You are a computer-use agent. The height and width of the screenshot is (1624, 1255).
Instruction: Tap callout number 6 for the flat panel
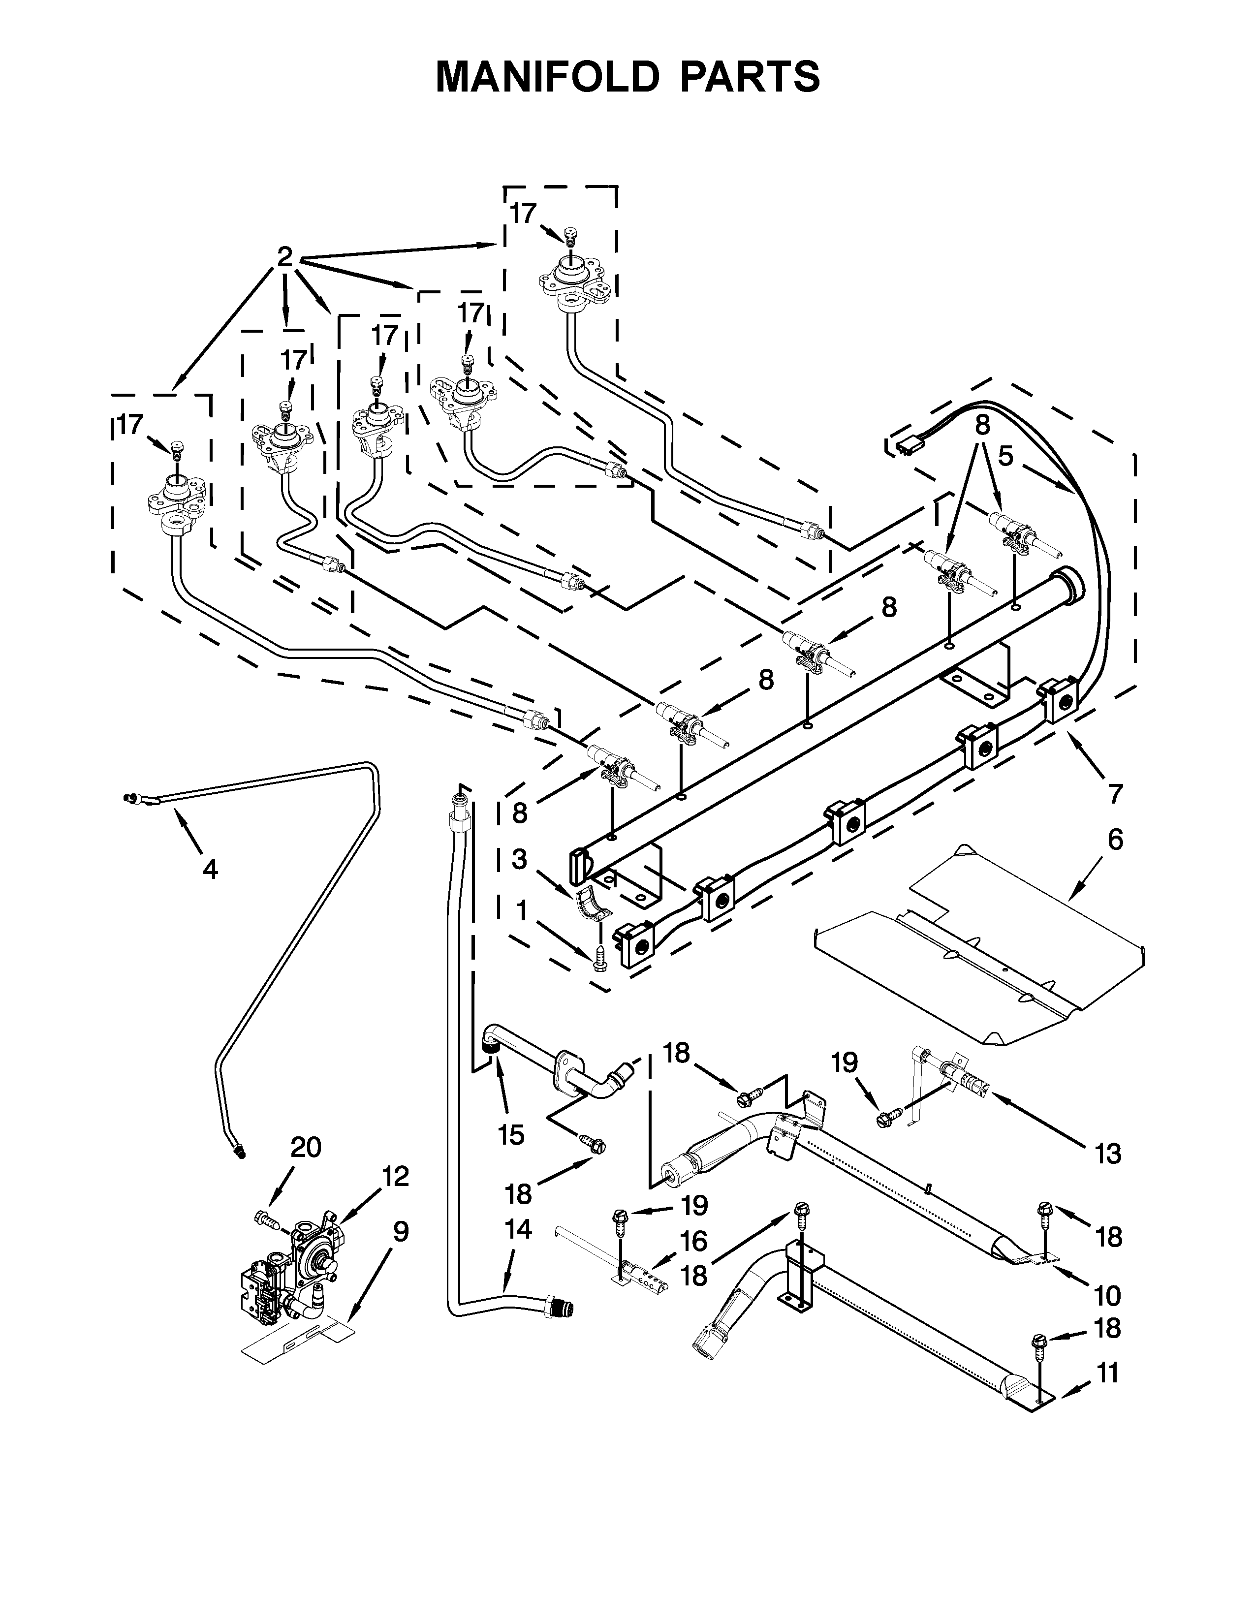(x=1115, y=840)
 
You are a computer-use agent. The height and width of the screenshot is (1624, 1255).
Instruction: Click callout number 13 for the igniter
(x=1107, y=1154)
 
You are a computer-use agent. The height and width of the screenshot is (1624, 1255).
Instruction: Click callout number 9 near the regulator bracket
(x=401, y=1232)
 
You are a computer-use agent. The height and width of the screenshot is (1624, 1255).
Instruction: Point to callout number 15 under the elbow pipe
(x=511, y=1135)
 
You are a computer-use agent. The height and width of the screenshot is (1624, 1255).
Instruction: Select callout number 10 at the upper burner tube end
(x=1107, y=1295)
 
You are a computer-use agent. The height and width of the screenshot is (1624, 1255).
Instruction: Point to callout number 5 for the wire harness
(x=1005, y=456)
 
